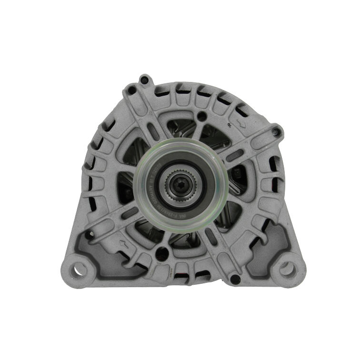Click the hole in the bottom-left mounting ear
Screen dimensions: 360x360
coord(76,270)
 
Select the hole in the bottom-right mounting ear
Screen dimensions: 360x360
coord(285,269)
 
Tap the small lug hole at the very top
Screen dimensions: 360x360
coord(144,80)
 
